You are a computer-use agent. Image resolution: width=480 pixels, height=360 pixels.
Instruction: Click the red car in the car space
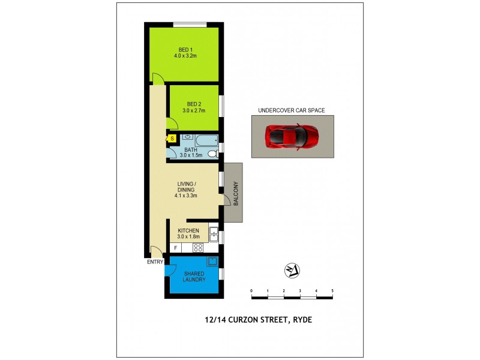pyautogui.click(x=292, y=137)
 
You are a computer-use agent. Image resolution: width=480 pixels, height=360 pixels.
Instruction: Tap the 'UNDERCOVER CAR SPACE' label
pyautogui.click(x=291, y=110)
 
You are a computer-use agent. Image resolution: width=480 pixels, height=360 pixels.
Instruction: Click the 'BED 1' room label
pyautogui.click(x=185, y=49)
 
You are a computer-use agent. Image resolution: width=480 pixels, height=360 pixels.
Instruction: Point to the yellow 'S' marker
pyautogui.click(x=172, y=139)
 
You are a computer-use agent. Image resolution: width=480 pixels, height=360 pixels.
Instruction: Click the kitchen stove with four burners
pyautogui.click(x=197, y=247)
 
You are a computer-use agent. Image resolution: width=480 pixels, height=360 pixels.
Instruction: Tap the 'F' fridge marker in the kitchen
pyautogui.click(x=175, y=247)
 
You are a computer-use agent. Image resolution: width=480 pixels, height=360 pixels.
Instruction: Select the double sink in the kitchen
pyautogui.click(x=213, y=233)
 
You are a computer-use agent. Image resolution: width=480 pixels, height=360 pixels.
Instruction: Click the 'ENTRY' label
pyautogui.click(x=155, y=262)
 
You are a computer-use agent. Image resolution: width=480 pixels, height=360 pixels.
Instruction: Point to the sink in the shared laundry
pyautogui.click(x=212, y=261)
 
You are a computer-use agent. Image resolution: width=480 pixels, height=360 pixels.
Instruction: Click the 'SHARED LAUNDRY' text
pyautogui.click(x=194, y=276)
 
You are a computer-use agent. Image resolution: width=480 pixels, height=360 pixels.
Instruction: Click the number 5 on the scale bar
pyautogui.click(x=332, y=290)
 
